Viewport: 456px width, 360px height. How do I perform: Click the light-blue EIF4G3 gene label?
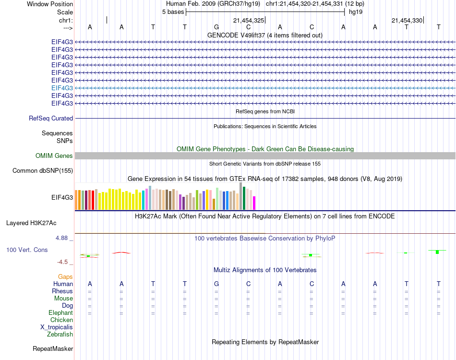(62, 88)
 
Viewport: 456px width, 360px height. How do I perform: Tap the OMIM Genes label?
(54, 156)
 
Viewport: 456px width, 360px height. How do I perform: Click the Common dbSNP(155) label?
(43, 170)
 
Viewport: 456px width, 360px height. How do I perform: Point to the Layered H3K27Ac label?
(31, 223)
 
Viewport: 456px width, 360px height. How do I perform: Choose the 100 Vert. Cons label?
(27, 250)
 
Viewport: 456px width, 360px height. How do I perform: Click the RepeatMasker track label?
(53, 348)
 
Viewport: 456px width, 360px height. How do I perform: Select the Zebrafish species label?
(60, 334)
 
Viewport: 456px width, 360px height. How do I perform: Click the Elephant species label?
(61, 312)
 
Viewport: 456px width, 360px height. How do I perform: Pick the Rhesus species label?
(62, 291)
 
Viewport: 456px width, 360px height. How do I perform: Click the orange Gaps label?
(65, 276)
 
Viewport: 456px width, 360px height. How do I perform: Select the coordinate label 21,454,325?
(248, 20)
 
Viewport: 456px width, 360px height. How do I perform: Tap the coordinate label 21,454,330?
(407, 20)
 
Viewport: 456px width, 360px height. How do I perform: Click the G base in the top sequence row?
(216, 27)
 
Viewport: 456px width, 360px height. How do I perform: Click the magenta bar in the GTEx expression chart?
(254, 203)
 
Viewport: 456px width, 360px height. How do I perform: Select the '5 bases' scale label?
(173, 12)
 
